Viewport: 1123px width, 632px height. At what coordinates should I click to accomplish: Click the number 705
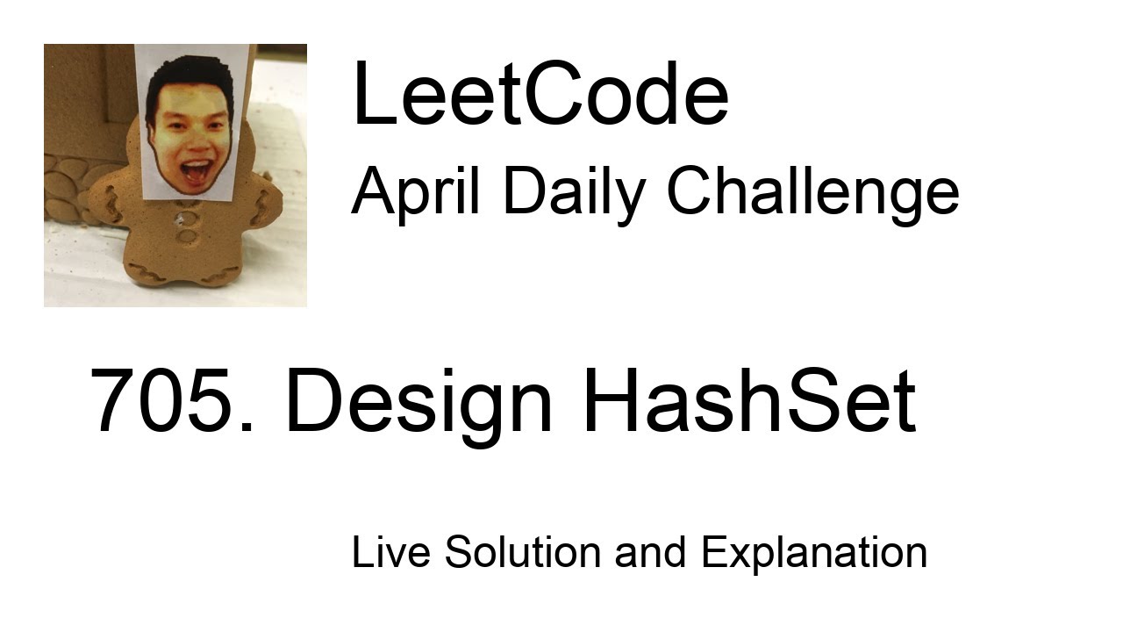(x=171, y=401)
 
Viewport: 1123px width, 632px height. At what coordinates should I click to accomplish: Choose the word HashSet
(x=748, y=401)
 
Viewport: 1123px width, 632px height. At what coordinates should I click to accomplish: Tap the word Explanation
(x=813, y=554)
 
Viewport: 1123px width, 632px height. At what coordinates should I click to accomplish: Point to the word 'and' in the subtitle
(x=650, y=552)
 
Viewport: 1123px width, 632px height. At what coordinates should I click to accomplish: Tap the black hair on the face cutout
(x=189, y=75)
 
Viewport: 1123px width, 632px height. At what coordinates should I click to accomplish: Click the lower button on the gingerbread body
(x=187, y=236)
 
